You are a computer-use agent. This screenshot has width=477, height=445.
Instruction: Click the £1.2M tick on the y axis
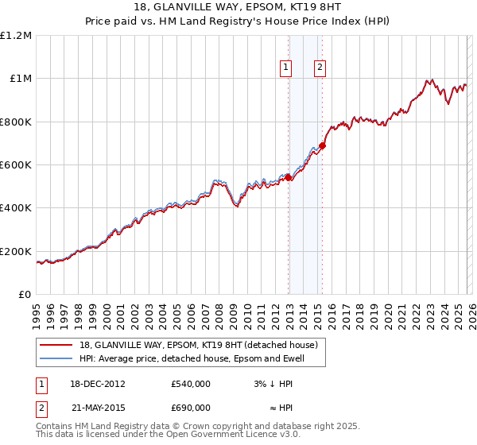[16, 35]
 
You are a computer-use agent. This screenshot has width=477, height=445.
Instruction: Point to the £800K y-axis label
[16, 122]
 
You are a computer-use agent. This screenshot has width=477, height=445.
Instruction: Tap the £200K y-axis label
[16, 251]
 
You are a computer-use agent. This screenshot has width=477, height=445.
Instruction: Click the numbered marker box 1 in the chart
[285, 68]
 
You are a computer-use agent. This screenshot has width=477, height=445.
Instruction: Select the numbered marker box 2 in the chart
[320, 68]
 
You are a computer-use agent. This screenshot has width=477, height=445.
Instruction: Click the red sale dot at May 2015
[322, 145]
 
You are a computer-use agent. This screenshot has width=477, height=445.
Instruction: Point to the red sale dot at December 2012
[289, 178]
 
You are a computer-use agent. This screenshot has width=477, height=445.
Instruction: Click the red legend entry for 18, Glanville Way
[198, 345]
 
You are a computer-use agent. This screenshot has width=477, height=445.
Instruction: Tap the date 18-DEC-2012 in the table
[96, 384]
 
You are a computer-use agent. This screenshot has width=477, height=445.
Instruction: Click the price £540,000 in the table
[190, 384]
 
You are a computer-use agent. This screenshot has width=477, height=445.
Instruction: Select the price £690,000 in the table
[190, 407]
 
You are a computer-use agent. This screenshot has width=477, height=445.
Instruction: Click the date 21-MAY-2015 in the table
[96, 407]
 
